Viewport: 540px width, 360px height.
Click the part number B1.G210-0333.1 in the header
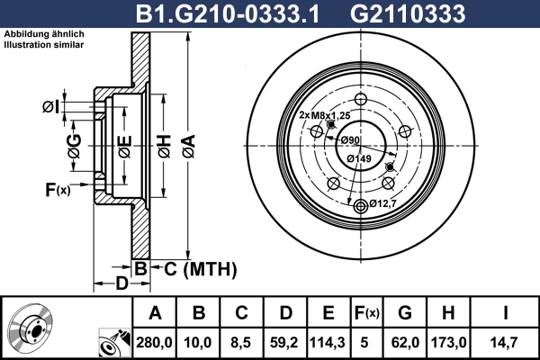coord(228,14)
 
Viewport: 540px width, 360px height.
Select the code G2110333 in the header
coord(408,14)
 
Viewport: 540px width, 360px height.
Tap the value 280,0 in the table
coord(154,343)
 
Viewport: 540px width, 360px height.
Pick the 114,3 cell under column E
coord(328,343)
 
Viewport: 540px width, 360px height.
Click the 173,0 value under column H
coord(449,343)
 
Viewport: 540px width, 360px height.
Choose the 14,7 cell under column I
coord(505,343)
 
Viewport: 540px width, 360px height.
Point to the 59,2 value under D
coord(284,343)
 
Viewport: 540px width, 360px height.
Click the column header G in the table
coord(405,313)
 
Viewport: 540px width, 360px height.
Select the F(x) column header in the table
coord(366,313)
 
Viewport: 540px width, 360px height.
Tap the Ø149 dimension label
coord(359,158)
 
